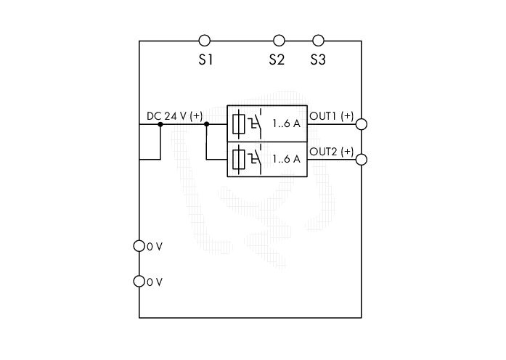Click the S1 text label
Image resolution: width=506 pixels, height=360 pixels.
pos(205,60)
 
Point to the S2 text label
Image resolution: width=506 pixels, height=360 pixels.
pos(277,60)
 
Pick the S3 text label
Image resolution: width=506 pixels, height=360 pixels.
pos(318,60)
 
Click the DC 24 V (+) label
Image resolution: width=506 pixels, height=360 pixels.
pos(174,116)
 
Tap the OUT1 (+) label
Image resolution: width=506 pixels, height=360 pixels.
pos(332,116)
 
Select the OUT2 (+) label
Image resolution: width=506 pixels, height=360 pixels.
pos(332,151)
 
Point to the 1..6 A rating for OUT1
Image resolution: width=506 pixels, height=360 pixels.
pos(287,123)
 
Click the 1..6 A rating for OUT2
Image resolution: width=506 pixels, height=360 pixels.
pos(287,159)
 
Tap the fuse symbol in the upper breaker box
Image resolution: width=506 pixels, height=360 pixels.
pos(239,124)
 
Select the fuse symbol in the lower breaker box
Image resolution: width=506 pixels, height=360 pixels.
pos(239,160)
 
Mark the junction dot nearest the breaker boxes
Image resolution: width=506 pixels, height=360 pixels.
pos(207,124)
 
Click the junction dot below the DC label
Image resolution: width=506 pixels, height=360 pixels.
pos(160,124)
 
